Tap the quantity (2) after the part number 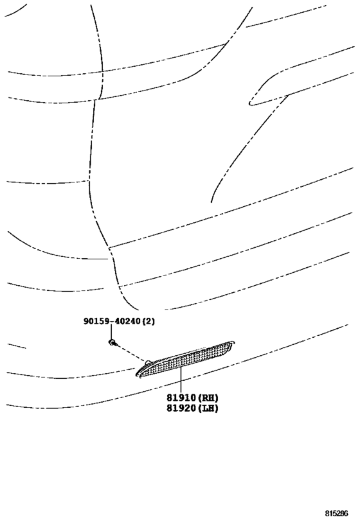click(148, 321)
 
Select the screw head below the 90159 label click(111, 342)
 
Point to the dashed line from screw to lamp click(131, 353)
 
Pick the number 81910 click(181, 398)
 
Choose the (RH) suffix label click(207, 398)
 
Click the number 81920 click(181, 408)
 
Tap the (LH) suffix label click(207, 408)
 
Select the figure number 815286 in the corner click(336, 513)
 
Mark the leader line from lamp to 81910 click(181, 380)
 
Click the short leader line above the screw click(111, 333)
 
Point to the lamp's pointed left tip click(136, 375)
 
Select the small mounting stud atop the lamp click(147, 362)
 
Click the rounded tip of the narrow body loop click(249, 103)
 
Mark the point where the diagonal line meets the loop click(287, 96)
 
